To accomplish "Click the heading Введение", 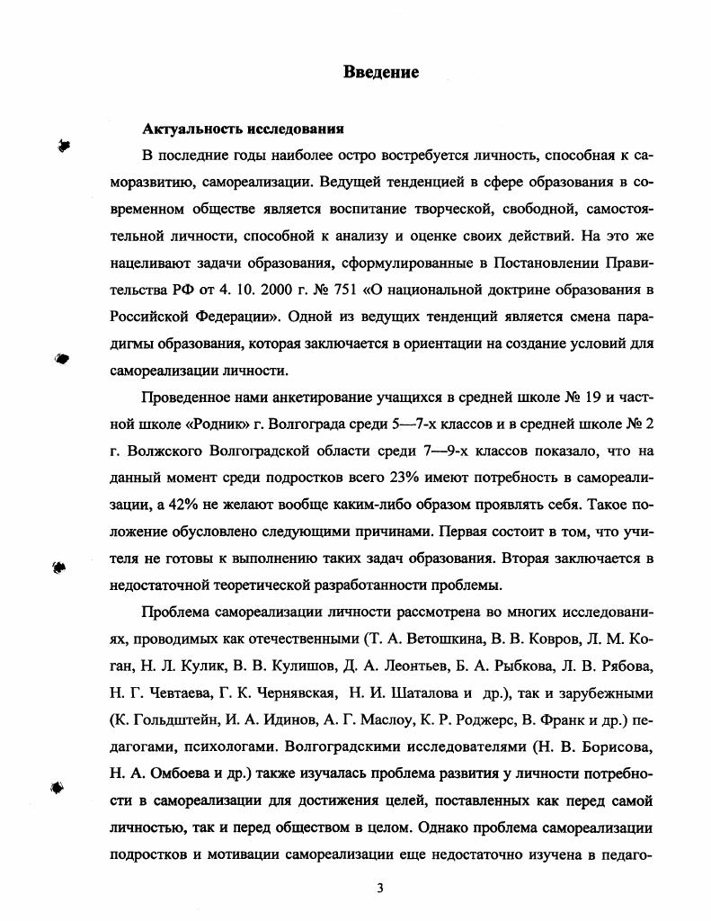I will [381, 73].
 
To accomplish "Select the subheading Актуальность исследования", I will [244, 130].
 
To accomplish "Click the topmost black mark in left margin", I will [64, 146].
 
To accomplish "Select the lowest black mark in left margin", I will [58, 787].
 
